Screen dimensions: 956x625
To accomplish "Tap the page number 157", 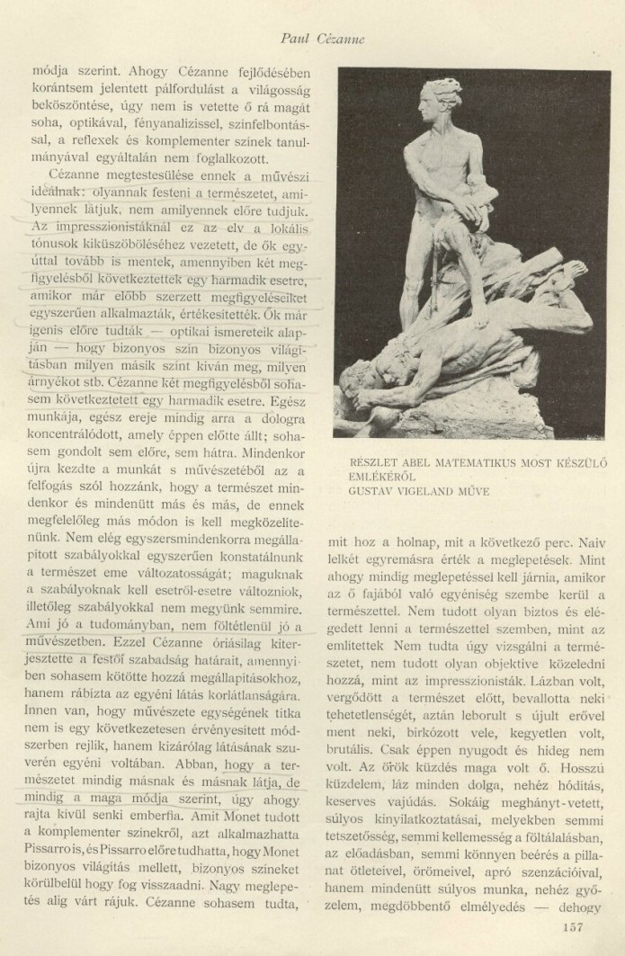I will pos(572,927).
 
